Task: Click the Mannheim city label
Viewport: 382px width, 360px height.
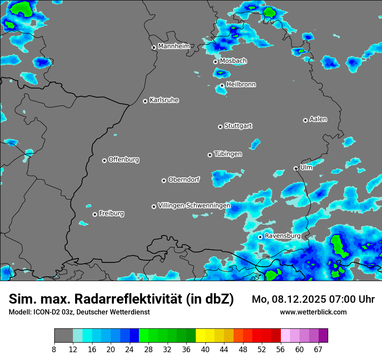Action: [x=174, y=46]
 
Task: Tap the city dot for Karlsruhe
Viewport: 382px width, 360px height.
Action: [x=145, y=101]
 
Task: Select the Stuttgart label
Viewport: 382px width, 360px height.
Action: [x=238, y=126]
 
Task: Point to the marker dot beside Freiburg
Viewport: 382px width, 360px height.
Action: [x=95, y=214]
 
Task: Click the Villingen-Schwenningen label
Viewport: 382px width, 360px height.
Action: [x=194, y=205]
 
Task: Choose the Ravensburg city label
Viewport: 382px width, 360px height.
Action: [x=282, y=236]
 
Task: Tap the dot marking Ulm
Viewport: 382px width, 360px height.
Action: [x=296, y=168]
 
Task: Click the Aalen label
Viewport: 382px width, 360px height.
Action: [x=318, y=119]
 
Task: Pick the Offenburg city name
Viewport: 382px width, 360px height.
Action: [x=123, y=159]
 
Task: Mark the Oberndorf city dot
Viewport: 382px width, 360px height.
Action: [x=164, y=180]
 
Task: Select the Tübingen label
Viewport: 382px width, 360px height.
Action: [x=227, y=154]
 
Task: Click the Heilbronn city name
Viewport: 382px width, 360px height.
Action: [x=240, y=84]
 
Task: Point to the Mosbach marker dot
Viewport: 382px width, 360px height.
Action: [x=215, y=62]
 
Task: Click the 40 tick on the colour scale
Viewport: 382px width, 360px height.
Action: [x=205, y=349]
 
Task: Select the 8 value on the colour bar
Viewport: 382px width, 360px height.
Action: [x=54, y=349]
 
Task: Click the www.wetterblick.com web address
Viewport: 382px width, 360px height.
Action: [x=313, y=312]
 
